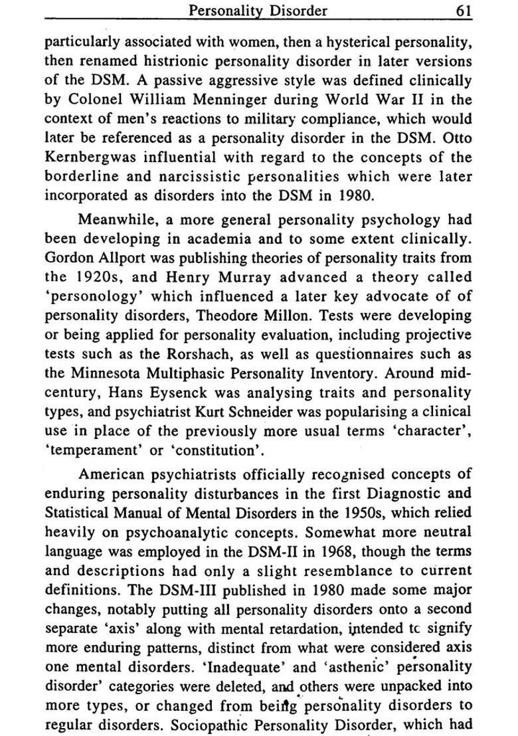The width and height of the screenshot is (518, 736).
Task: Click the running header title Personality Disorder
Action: click(258, 10)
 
